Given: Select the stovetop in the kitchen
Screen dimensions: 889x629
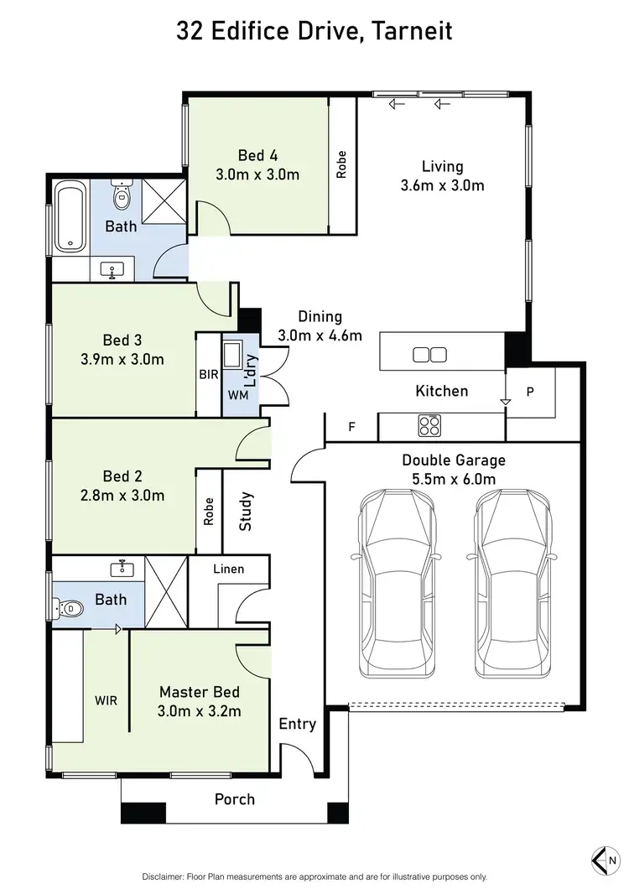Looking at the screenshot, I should (429, 426).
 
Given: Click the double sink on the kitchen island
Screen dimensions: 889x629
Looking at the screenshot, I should (430, 355).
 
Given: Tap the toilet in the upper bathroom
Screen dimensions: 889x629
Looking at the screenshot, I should (122, 196).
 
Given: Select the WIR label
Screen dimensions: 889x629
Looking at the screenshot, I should (107, 699).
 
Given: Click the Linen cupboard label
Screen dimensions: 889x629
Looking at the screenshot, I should (228, 569).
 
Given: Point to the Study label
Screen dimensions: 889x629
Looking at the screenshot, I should (246, 511).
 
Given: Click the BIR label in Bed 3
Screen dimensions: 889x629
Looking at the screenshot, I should (208, 376).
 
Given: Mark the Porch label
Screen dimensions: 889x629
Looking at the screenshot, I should (235, 799).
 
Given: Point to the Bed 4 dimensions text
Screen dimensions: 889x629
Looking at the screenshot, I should (257, 174).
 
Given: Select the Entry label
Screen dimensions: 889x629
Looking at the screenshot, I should (298, 725).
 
